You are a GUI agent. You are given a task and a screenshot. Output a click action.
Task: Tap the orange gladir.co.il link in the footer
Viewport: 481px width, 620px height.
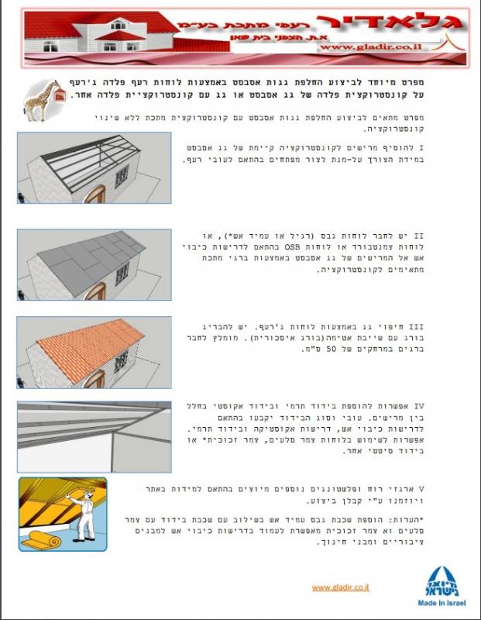coord(340,587)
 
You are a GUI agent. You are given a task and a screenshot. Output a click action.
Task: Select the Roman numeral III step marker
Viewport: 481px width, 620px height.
coord(416,327)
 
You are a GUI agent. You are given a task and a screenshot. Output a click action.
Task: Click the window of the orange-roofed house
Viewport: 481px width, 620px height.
coord(121,362)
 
